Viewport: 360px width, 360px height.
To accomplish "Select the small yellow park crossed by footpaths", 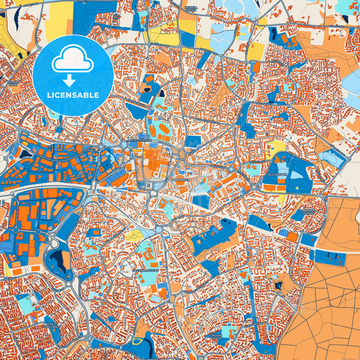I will tap(134, 236).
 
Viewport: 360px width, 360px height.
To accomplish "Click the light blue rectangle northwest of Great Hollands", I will tap(27, 304).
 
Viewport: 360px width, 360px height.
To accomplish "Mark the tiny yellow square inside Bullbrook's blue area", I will tap(282, 198).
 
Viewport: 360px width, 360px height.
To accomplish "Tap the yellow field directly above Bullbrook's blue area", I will tap(277, 147).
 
